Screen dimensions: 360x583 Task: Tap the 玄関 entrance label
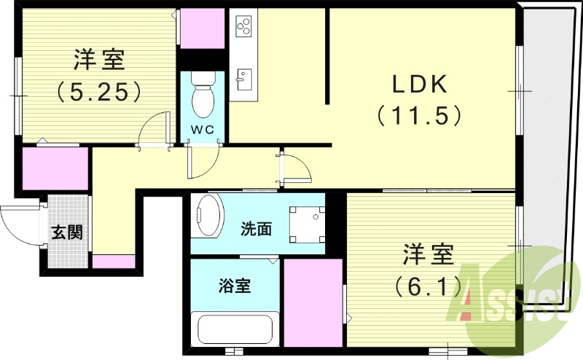66,232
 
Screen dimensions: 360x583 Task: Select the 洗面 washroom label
256,229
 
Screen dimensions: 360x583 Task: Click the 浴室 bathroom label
235,286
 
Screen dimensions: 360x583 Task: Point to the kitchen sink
243,77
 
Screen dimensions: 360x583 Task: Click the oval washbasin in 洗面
208,216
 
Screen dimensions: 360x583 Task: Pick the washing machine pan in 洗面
305,224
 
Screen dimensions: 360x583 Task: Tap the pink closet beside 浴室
313,302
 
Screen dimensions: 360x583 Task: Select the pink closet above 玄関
55,170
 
